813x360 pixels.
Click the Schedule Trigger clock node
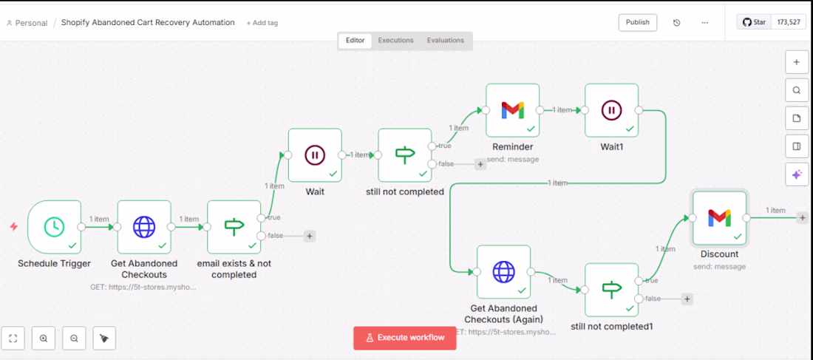coord(55,227)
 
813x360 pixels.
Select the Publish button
coord(638,22)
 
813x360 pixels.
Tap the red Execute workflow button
coord(405,338)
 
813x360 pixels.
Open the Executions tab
coord(395,40)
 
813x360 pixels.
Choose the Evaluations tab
coord(446,40)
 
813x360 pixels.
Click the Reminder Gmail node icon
coord(513,110)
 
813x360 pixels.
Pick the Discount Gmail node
coord(720,218)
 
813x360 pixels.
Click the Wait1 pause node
coord(612,110)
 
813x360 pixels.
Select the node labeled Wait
coord(315,155)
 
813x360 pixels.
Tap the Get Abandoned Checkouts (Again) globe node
coord(503,272)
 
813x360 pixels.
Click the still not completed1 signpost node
coord(612,290)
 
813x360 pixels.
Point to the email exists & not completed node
coord(234,227)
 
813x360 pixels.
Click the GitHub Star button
coord(754,22)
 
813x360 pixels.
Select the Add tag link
coord(262,23)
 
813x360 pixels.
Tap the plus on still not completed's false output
coord(480,164)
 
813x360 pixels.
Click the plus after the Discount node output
coord(802,218)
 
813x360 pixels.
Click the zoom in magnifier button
coord(44,339)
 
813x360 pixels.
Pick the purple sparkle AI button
coord(797,174)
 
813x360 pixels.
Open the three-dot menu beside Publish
coord(704,23)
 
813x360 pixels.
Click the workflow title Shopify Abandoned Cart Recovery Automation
coord(148,22)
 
